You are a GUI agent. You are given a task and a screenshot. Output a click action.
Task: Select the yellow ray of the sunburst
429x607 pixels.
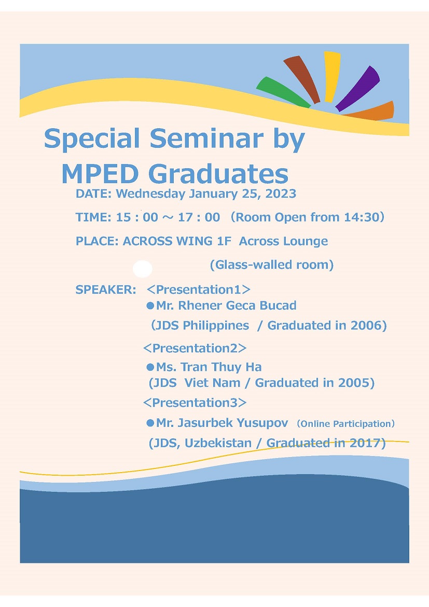(x=332, y=77)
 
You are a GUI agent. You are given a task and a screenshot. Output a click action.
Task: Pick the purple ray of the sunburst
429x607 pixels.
(x=358, y=88)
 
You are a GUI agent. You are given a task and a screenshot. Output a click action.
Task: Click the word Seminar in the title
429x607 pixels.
(x=207, y=138)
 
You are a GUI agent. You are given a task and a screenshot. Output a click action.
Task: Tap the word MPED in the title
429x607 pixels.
(x=100, y=174)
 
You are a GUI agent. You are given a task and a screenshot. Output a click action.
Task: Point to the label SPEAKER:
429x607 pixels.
(x=106, y=289)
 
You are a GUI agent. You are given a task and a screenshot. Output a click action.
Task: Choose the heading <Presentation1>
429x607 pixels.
(x=199, y=289)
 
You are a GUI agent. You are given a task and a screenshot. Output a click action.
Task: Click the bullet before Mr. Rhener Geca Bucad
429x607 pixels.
(x=150, y=306)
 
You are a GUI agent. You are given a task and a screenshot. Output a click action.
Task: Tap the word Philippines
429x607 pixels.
(x=216, y=326)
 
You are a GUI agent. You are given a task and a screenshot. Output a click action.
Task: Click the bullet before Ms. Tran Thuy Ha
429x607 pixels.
(x=150, y=367)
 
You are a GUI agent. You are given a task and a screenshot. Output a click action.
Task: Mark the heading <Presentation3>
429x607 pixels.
(x=195, y=403)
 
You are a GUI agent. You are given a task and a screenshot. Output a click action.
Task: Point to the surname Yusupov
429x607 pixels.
(x=262, y=423)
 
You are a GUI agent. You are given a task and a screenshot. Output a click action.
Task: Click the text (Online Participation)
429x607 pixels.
(x=346, y=423)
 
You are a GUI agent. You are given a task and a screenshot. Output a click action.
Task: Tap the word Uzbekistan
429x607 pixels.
(x=218, y=443)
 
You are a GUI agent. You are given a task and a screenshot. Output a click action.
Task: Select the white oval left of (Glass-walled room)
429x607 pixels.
(x=143, y=268)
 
